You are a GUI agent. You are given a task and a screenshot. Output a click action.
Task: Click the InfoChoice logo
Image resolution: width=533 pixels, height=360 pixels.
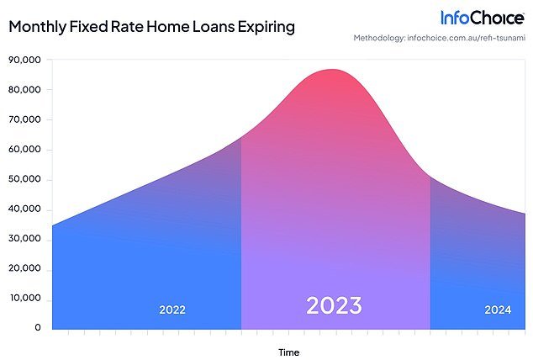(483, 18)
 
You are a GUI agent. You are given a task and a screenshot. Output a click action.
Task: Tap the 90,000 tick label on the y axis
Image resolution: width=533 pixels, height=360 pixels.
(24, 60)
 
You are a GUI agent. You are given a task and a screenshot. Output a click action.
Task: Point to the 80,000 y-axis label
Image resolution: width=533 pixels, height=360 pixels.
(24, 90)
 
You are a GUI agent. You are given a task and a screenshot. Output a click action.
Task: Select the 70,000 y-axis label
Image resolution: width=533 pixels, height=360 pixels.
(24, 119)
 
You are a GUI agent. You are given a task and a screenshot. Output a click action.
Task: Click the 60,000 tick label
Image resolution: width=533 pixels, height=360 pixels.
(24, 149)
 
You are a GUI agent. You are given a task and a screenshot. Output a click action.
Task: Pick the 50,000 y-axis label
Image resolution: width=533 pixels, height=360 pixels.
(24, 179)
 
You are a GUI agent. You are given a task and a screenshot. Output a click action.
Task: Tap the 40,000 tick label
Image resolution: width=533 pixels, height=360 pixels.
(24, 209)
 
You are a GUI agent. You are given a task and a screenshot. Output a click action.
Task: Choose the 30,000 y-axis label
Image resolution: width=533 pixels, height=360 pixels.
(24, 239)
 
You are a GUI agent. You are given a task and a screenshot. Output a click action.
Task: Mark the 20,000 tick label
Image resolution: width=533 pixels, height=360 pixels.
(24, 268)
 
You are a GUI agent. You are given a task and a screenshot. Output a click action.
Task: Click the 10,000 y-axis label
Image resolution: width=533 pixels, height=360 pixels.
(25, 298)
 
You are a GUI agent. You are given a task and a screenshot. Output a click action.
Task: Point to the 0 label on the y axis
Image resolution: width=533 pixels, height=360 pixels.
(37, 328)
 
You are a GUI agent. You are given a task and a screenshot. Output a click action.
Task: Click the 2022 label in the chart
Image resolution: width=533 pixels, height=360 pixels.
(172, 310)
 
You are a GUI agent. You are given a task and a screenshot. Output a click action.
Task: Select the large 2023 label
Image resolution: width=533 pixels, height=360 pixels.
(334, 305)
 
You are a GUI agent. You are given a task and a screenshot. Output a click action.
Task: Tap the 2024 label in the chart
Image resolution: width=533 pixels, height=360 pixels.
(498, 310)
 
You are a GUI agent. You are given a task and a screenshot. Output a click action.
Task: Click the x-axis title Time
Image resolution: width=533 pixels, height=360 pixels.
(289, 352)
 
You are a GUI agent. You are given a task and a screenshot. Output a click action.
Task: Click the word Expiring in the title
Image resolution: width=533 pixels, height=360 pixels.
(266, 27)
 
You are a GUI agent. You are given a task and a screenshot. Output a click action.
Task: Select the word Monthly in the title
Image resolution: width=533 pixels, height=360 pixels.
(37, 27)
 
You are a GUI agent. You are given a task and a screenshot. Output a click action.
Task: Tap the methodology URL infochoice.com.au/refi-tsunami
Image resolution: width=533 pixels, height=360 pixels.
(466, 38)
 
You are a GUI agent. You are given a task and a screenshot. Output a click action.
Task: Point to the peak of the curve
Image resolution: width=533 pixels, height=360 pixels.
(332, 69)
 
